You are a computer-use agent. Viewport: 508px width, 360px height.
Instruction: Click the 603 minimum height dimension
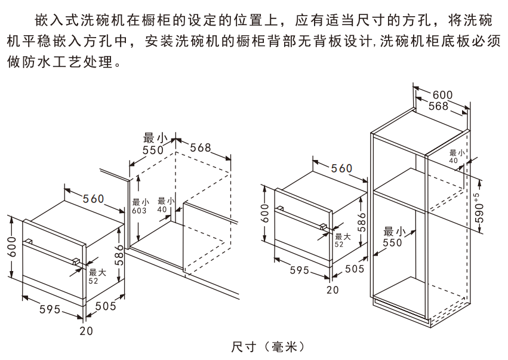tap(139, 207)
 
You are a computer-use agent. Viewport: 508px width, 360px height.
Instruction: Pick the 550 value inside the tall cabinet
tap(392, 238)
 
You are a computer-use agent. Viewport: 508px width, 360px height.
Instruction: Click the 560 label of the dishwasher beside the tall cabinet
tap(341, 169)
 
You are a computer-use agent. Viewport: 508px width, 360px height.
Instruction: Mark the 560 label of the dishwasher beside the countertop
tap(93, 199)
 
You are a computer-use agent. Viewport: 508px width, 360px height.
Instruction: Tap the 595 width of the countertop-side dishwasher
tap(50, 309)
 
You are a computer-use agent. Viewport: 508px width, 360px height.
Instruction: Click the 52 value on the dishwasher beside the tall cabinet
tap(339, 244)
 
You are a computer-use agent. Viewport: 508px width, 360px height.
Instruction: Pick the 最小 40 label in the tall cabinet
tap(453, 156)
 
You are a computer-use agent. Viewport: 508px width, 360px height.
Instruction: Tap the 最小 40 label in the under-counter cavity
tap(162, 205)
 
